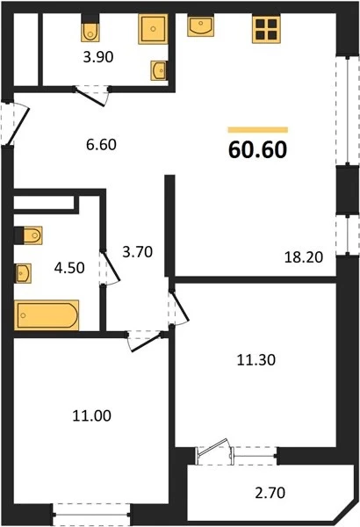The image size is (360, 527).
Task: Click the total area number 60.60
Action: coord(257,149)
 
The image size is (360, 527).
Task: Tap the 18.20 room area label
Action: coord(304,257)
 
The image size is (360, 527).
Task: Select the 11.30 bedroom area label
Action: coord(256,360)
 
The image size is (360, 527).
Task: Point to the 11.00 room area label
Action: coord(92,415)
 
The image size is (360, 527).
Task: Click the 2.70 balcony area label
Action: coord(270,493)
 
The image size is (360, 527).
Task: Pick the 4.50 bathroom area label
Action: coord(69,268)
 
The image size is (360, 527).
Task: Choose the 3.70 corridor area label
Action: coord(138,252)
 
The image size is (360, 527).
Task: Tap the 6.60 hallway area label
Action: coord(101,145)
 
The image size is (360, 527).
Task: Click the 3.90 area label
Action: coord(98,57)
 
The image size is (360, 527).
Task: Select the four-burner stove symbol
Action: coord(266,30)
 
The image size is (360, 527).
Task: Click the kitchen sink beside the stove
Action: coord(201,26)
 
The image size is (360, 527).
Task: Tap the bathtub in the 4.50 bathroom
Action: coord(47,315)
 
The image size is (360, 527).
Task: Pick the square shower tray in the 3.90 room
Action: coord(153,29)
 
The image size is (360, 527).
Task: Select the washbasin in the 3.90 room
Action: coord(159,70)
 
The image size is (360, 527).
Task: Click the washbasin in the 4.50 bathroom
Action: coord(24,273)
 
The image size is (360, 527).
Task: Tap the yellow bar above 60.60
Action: coord(258,130)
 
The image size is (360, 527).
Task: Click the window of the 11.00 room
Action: coord(92,514)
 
